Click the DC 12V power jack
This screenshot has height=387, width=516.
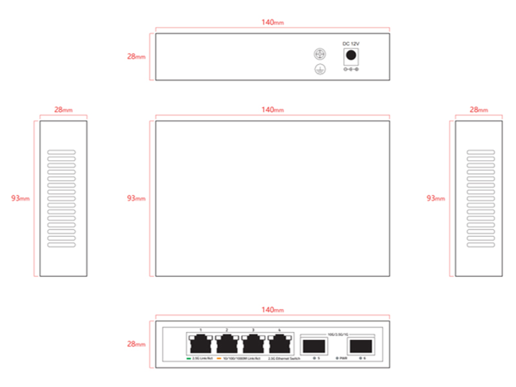[351, 55]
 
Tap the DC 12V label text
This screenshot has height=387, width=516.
[351, 43]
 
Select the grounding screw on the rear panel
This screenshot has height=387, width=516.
[317, 55]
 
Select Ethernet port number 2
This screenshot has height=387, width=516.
[227, 342]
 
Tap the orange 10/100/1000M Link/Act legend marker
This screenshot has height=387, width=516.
[219, 357]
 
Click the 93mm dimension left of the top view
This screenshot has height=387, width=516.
[136, 198]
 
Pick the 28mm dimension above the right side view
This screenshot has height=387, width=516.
[479, 110]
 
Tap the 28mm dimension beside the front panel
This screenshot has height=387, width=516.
[136, 344]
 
